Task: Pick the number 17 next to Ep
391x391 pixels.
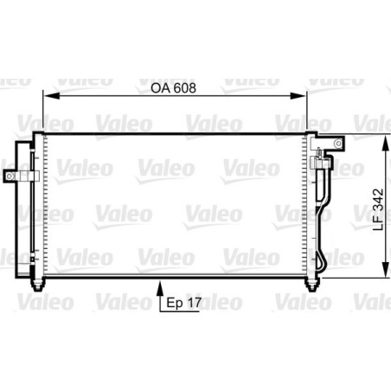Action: pyautogui.click(x=194, y=304)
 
